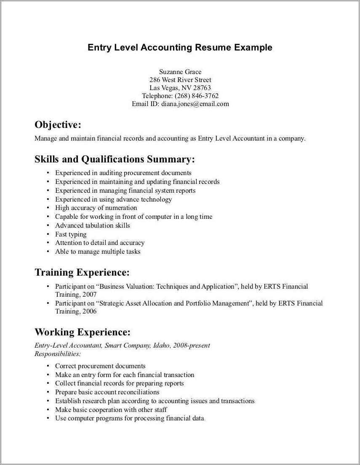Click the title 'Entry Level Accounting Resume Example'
point(180,48)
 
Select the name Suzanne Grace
point(180,72)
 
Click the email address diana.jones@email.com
point(195,104)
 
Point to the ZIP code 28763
point(202,88)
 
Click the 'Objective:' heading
point(57,125)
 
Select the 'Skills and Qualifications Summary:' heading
point(115,159)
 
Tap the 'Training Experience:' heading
point(82,272)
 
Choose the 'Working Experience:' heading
point(83,332)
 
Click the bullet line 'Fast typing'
point(71,234)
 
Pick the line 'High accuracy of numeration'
point(96,208)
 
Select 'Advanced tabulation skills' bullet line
point(93,226)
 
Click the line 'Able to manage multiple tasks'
point(98,252)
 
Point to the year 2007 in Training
point(89,295)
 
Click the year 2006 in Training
point(89,312)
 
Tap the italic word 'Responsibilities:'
point(57,354)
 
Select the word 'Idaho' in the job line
point(160,345)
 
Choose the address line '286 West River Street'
point(180,80)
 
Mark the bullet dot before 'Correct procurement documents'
point(48,366)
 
